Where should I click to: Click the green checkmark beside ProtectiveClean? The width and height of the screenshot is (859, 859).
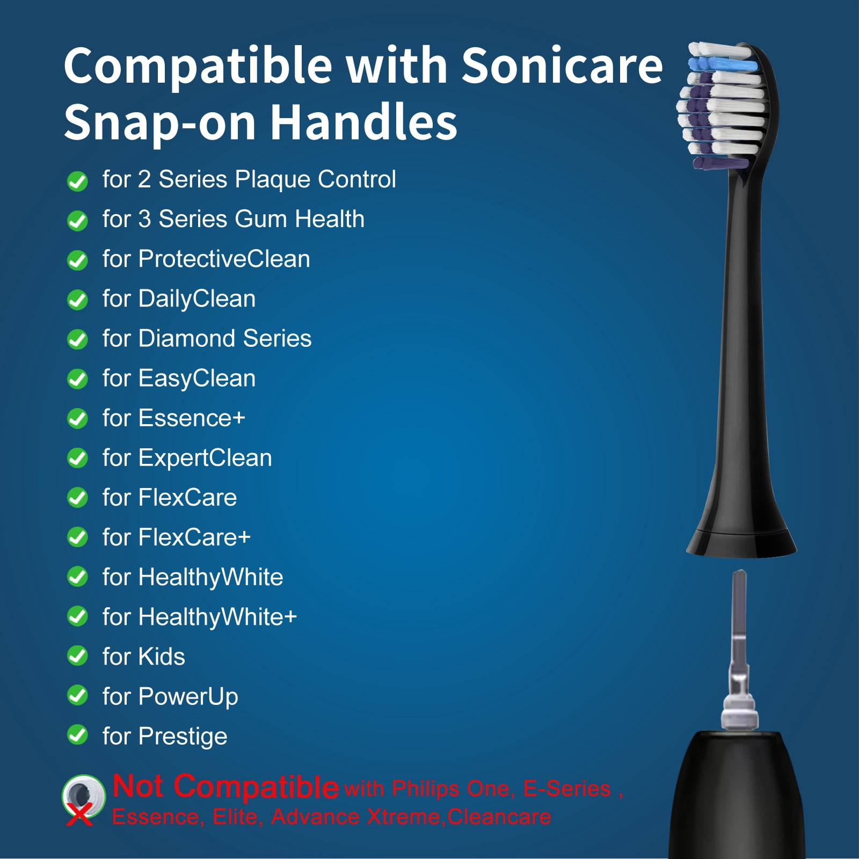click(x=77, y=260)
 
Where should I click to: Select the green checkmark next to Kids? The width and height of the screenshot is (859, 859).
click(x=77, y=656)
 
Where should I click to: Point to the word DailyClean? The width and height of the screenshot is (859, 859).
click(x=196, y=300)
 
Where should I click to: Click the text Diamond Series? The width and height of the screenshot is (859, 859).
click(x=225, y=338)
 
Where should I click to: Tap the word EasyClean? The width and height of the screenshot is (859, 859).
click(x=196, y=379)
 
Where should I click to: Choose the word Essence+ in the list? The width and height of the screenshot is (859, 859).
click(x=192, y=418)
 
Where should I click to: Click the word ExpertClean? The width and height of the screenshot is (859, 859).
click(x=205, y=458)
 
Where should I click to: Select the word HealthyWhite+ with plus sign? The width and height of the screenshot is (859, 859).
click(x=217, y=617)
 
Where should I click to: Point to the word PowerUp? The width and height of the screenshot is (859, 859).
click(x=188, y=697)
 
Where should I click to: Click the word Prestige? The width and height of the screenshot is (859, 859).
click(x=183, y=737)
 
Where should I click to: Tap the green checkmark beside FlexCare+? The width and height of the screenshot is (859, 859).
click(x=77, y=536)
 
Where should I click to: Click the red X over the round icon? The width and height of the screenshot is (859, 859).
click(x=79, y=816)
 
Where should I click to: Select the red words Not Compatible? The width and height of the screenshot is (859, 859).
click(x=225, y=787)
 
